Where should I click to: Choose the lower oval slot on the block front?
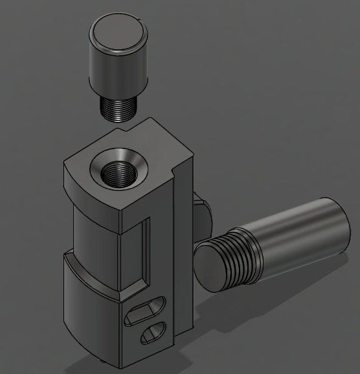coord(154,333)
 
